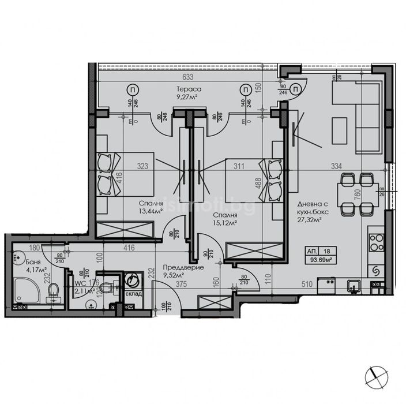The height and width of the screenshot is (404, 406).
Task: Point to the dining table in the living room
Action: pyautogui.click(x=352, y=195)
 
